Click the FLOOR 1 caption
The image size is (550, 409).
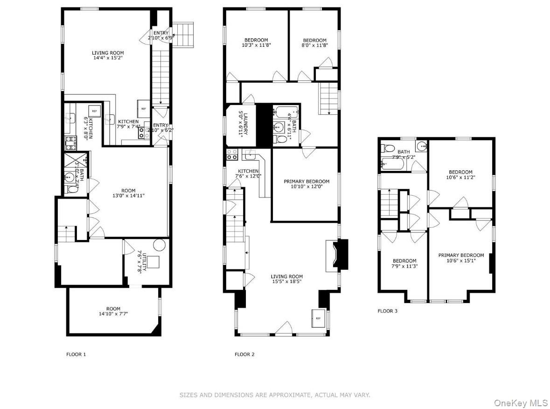[76, 354]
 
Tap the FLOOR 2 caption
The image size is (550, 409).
[244, 354]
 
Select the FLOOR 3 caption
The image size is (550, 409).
[388, 310]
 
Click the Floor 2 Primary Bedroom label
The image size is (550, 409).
[306, 184]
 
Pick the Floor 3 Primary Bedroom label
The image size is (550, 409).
[461, 258]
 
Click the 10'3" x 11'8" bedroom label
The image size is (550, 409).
[256, 43]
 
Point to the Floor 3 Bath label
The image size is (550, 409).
[404, 155]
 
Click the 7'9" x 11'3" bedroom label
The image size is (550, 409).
[404, 264]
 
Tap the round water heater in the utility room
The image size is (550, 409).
[159, 245]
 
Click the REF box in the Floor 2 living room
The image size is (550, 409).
[318, 318]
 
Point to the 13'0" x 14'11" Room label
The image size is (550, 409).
[128, 193]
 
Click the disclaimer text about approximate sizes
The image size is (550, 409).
[275, 395]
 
